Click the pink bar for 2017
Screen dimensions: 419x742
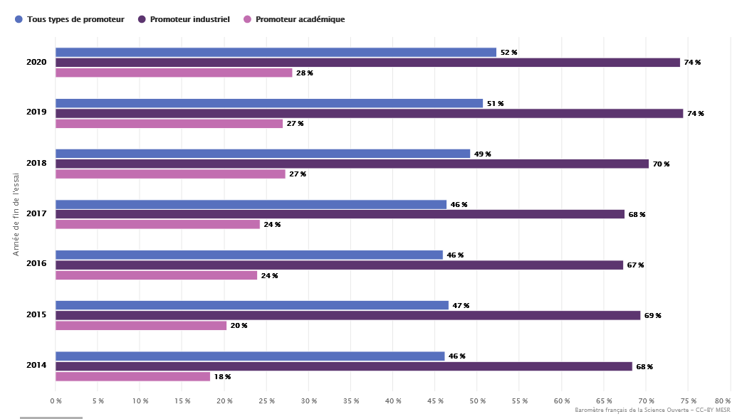(157, 224)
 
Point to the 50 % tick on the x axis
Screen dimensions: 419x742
(477, 401)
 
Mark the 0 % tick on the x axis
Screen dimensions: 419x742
(56, 401)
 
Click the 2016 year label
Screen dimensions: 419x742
(36, 264)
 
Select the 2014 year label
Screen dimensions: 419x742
(36, 366)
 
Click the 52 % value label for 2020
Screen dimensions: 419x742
(508, 53)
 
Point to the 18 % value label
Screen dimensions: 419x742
(222, 377)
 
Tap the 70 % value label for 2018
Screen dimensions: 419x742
(661, 164)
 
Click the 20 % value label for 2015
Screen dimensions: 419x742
(239, 326)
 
